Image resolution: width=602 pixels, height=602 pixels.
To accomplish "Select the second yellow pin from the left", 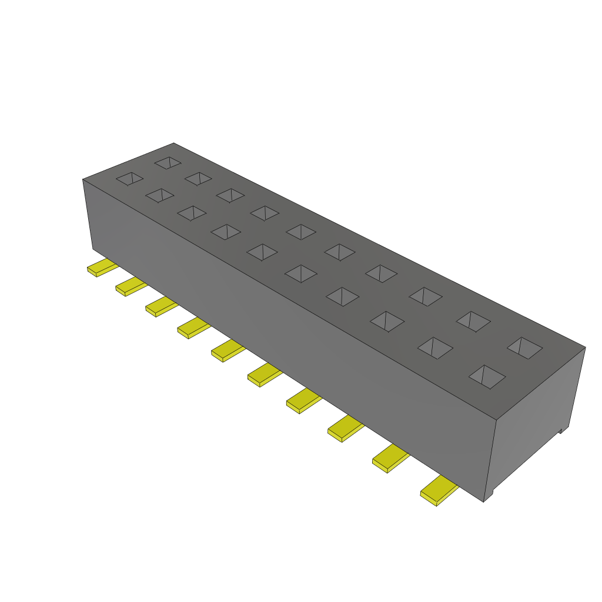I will click(131, 286).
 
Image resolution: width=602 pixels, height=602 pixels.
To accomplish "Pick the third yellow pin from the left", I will click(161, 306).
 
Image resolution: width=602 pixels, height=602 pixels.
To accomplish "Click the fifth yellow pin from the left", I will click(228, 351).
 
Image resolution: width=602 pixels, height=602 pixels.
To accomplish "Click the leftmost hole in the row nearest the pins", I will click(129, 179).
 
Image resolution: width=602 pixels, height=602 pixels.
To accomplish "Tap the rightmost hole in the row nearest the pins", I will click(487, 376).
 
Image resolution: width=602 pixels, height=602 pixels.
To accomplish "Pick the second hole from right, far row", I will click(473, 320).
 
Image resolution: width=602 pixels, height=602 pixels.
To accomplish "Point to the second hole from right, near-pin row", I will click(435, 348).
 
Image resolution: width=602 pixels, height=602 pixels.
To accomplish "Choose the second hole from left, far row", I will click(198, 178).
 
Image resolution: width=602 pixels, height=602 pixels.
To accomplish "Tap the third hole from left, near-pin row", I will click(192, 213).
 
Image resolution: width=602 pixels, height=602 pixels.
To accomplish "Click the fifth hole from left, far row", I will click(301, 232).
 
